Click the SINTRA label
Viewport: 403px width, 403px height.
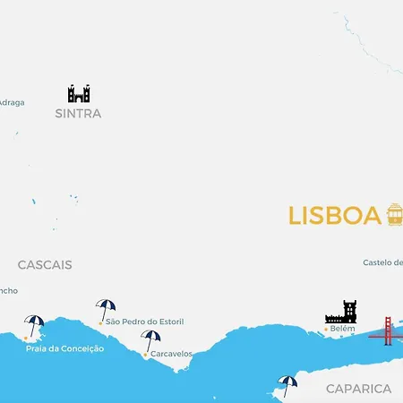pyautogui.click(x=78, y=114)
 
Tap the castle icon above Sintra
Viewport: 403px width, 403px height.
pyautogui.click(x=79, y=93)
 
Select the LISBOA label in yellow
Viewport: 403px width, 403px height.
pyautogui.click(x=334, y=216)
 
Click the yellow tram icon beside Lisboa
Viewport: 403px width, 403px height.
pyautogui.click(x=394, y=214)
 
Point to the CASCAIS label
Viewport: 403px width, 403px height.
pyautogui.click(x=45, y=265)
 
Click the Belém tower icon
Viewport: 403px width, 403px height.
pyautogui.click(x=340, y=312)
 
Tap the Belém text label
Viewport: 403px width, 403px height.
pyautogui.click(x=343, y=329)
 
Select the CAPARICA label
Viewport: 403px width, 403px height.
pyautogui.click(x=358, y=389)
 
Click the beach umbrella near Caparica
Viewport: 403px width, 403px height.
pyautogui.click(x=287, y=384)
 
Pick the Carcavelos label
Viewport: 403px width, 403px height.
pyautogui.click(x=172, y=354)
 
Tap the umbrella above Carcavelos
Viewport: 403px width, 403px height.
pyautogui.click(x=150, y=340)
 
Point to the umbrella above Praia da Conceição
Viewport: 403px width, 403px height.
pyautogui.click(x=34, y=325)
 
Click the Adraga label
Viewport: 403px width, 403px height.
pyautogui.click(x=12, y=102)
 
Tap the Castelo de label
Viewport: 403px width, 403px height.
pyautogui.click(x=383, y=262)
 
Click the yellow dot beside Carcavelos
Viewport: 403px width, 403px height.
pyautogui.click(x=145, y=355)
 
